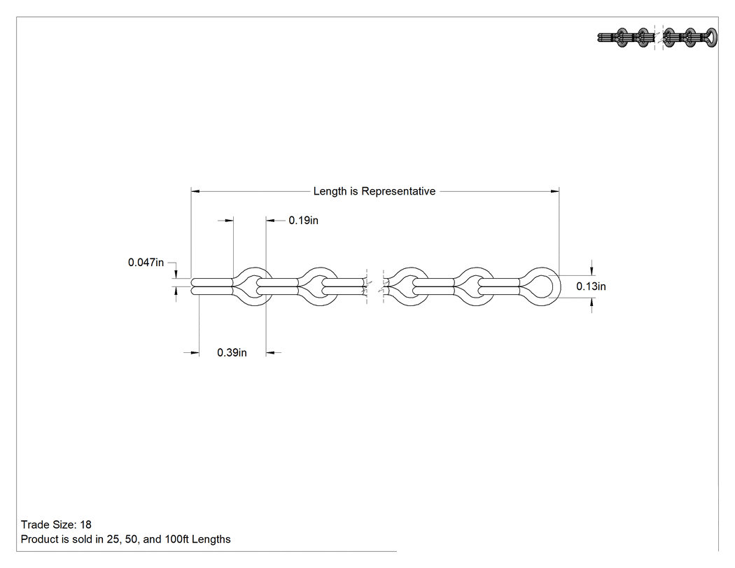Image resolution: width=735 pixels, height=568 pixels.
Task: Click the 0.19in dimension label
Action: (x=303, y=221)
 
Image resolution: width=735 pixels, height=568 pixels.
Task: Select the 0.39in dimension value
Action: (x=232, y=353)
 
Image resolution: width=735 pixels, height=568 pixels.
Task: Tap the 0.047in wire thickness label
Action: (x=146, y=263)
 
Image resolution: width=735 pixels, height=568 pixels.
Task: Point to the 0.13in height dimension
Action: (x=591, y=286)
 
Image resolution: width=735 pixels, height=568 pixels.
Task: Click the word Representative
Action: (x=398, y=191)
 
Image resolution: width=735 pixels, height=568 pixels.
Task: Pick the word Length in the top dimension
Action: (x=330, y=191)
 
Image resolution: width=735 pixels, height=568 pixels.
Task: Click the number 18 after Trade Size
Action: (x=86, y=525)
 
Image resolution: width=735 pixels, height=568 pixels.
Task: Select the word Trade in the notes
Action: (x=34, y=525)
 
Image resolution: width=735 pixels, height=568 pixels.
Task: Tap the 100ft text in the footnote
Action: (x=176, y=539)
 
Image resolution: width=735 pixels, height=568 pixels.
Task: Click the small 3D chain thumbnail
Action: (x=657, y=38)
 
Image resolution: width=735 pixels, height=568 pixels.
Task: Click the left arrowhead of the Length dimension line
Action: (x=195, y=191)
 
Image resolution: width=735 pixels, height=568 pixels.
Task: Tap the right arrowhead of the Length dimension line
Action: (x=554, y=191)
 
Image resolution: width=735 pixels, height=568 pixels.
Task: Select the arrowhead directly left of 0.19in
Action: (x=270, y=221)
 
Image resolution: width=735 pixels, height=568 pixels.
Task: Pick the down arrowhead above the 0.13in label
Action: (x=591, y=271)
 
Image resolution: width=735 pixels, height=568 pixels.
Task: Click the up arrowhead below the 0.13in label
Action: (x=591, y=303)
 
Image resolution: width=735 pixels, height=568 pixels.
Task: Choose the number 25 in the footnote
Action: (x=113, y=539)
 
